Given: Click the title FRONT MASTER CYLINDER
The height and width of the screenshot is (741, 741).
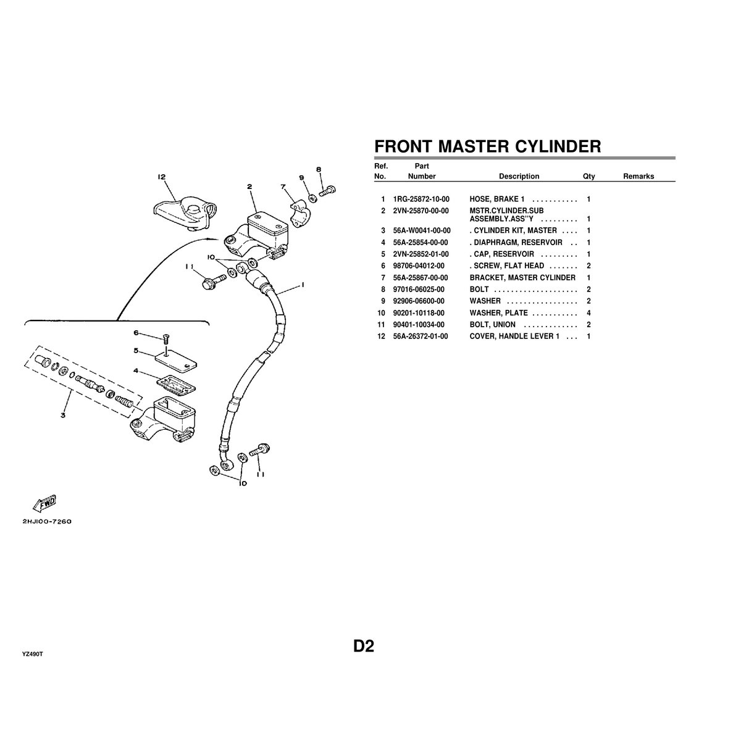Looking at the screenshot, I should (488, 146).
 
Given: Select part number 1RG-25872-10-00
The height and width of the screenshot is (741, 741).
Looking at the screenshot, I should (421, 199).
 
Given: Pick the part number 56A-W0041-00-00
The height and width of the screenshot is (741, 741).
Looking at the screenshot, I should (422, 230).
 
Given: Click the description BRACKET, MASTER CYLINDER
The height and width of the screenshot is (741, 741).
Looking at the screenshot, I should (522, 278).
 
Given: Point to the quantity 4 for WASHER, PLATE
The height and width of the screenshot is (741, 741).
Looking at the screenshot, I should (588, 313).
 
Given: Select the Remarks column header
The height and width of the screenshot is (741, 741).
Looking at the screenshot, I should (638, 177).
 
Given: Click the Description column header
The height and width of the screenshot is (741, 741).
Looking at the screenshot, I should (519, 177).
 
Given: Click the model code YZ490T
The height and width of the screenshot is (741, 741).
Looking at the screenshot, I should (32, 653).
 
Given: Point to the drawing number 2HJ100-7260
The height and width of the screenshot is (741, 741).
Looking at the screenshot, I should (48, 521).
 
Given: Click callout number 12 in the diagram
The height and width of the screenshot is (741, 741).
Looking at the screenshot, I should (161, 177).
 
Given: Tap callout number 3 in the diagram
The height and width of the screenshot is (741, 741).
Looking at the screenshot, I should (63, 416).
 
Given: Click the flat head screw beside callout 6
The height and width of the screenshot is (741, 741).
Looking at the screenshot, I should (165, 337).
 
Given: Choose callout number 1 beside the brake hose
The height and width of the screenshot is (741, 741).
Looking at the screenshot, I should (303, 285).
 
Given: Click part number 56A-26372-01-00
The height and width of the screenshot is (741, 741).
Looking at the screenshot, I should (421, 337).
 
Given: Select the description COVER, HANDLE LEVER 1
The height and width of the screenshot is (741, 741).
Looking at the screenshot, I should (514, 337).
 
